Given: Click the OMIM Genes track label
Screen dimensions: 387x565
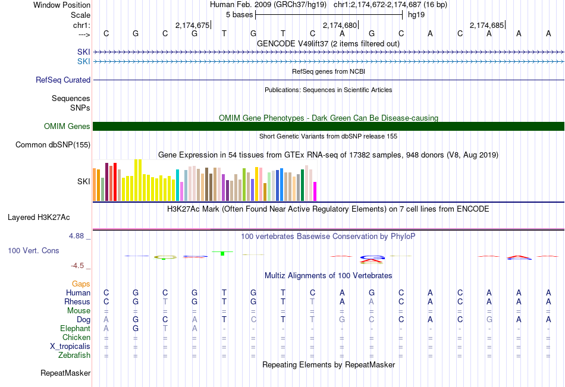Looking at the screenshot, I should [67, 126].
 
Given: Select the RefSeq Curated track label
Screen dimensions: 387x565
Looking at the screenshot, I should [63, 80].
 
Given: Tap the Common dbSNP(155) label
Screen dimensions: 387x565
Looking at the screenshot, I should [53, 144].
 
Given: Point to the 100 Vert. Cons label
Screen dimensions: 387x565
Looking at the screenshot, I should [33, 251].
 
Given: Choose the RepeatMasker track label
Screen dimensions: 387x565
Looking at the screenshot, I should [65, 373].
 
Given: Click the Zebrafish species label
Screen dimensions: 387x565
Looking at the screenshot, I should [75, 355].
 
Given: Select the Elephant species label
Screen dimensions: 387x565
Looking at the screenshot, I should [75, 328].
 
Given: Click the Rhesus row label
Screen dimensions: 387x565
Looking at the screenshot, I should [77, 301].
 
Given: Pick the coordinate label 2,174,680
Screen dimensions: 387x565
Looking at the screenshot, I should [340, 25].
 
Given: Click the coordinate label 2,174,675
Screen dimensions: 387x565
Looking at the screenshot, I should [193, 25].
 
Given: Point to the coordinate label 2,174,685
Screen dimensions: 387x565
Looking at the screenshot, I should [487, 25].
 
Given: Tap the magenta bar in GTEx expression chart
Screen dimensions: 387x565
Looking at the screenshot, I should [315, 191].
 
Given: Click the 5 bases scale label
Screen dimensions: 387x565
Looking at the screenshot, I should [238, 14].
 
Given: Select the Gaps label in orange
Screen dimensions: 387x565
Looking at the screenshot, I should [81, 284].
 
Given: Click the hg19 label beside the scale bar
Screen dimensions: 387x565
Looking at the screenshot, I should [416, 14].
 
